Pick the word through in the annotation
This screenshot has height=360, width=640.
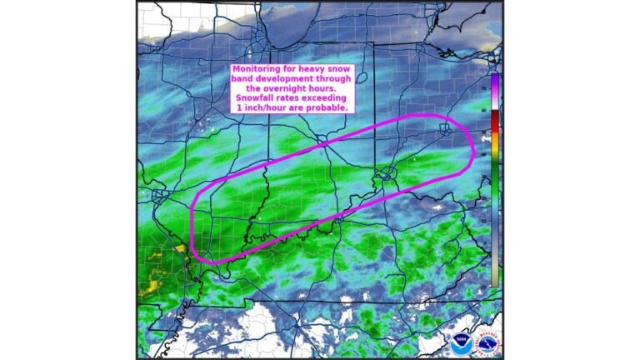[339, 79]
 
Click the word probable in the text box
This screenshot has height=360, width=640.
[325, 108]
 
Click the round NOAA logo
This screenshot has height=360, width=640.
[461, 342]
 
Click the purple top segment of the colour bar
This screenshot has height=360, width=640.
[495, 83]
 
